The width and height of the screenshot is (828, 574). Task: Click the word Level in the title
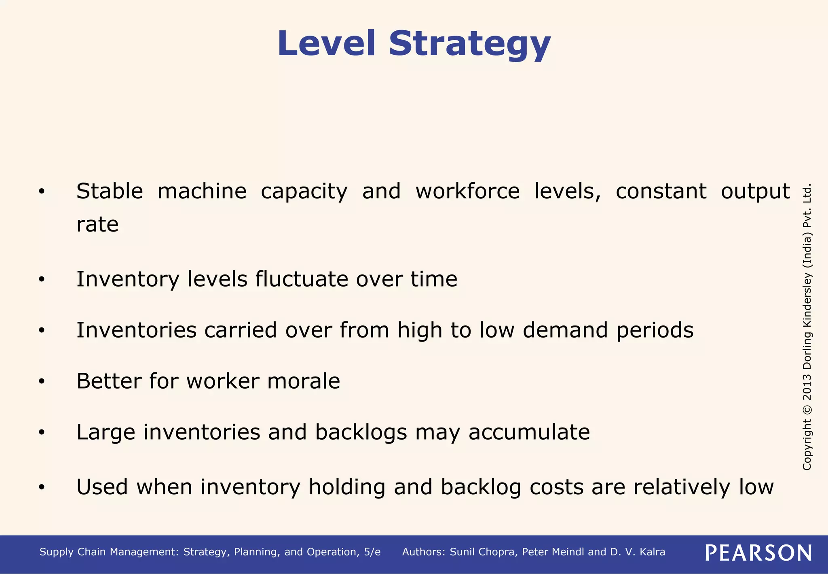pyautogui.click(x=327, y=43)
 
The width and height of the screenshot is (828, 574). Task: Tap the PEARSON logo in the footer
pyautogui.click(x=758, y=553)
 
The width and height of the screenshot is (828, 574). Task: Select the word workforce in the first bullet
pyautogui.click(x=467, y=191)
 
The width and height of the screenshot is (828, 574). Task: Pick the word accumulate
pyautogui.click(x=529, y=432)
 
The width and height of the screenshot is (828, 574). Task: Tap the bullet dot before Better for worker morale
pyautogui.click(x=41, y=382)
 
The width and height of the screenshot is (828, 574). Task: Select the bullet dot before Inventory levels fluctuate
pyautogui.click(x=41, y=280)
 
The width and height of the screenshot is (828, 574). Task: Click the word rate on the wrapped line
pyautogui.click(x=97, y=225)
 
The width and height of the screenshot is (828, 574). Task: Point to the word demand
pyautogui.click(x=565, y=330)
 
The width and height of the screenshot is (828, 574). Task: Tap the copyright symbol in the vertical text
pyautogui.click(x=807, y=409)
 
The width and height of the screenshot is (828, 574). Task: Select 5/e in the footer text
pyautogui.click(x=372, y=552)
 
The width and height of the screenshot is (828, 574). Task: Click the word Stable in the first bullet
pyautogui.click(x=110, y=191)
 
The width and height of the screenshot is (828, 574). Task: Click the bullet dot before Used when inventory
pyautogui.click(x=41, y=488)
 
